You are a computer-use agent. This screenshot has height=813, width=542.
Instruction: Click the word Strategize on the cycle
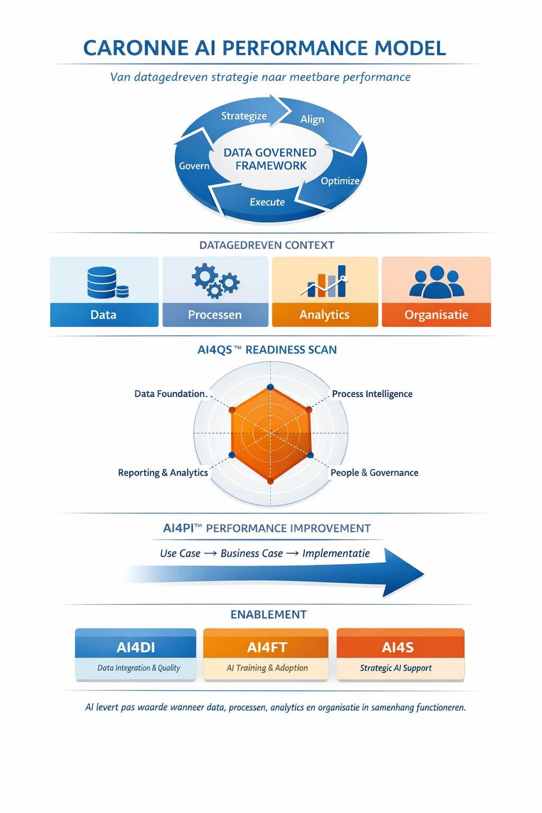click(x=243, y=116)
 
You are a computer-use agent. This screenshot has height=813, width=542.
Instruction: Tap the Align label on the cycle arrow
click(x=312, y=120)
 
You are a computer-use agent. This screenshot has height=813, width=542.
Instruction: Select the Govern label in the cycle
click(x=194, y=166)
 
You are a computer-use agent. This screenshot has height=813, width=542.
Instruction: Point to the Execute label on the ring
click(x=267, y=202)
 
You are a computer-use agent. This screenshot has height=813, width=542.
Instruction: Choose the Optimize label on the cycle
click(x=340, y=181)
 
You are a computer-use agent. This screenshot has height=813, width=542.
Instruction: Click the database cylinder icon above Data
click(x=106, y=283)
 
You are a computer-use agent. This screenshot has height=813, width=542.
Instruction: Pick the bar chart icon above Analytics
click(x=326, y=282)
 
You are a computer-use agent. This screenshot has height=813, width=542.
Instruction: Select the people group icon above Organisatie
click(x=437, y=282)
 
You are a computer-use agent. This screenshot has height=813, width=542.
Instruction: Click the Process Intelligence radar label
click(x=372, y=394)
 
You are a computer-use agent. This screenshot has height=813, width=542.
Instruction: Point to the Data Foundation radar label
click(x=170, y=394)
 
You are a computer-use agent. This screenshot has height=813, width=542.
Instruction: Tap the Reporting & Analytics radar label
click(x=163, y=473)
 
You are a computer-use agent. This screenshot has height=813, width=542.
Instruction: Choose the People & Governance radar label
click(x=374, y=473)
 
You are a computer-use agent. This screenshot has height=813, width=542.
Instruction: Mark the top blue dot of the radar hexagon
click(x=270, y=387)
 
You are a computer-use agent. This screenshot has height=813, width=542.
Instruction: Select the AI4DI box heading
click(x=136, y=647)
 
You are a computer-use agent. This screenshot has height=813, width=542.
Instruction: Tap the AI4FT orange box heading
click(x=267, y=647)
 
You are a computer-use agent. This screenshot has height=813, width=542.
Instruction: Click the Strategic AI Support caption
click(x=396, y=668)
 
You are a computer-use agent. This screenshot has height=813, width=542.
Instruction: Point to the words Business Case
click(x=252, y=554)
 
